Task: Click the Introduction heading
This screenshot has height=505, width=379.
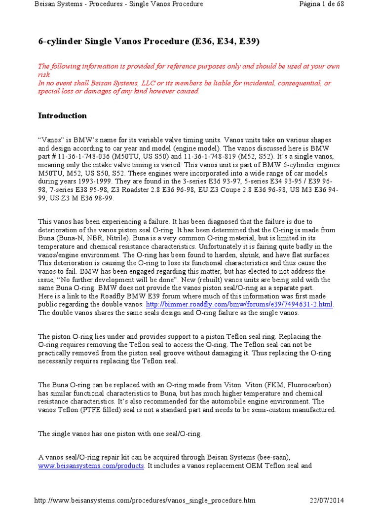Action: point(63,116)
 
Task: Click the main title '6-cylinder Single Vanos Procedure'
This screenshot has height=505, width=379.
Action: point(114,41)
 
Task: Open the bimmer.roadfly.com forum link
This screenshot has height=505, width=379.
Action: point(240,305)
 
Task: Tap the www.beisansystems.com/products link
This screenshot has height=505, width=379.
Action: point(91,466)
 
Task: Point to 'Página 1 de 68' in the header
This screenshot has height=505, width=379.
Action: point(321,4)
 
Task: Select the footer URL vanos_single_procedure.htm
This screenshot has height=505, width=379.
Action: point(145,500)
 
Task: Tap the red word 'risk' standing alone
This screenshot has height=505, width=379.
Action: point(44,74)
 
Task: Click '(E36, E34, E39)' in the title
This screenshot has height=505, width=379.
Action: point(226,41)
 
